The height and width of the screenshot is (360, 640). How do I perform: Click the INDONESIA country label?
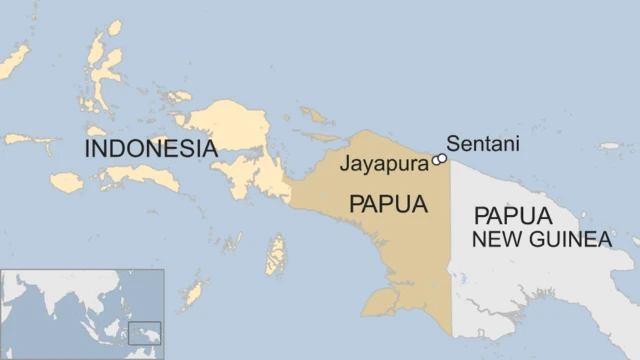tap(150, 149)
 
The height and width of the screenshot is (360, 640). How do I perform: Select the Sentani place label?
tap(483, 144)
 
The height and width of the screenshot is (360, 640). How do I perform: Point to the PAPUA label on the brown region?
tap(388, 204)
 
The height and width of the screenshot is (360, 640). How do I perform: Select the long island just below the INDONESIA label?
tap(140, 177)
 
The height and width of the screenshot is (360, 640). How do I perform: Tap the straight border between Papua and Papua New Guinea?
tap(451, 250)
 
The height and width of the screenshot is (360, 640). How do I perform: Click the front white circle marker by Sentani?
tap(441, 158)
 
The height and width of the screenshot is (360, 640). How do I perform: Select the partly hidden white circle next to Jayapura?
tap(435, 160)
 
